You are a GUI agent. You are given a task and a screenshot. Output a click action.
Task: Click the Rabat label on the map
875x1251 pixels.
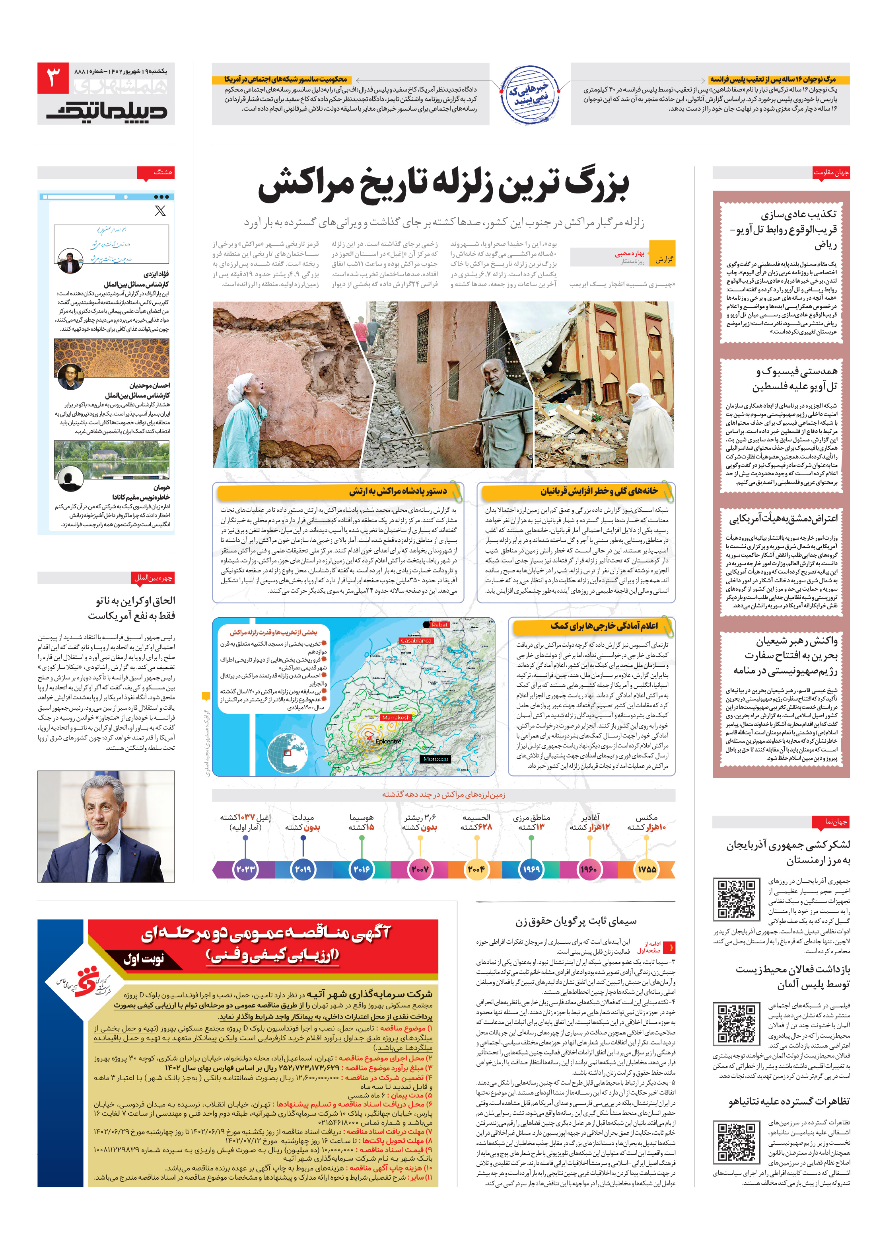(439, 625)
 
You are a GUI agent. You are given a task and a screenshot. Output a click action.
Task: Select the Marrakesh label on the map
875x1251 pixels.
(396, 717)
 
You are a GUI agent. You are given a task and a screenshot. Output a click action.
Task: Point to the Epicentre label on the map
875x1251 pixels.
(388, 742)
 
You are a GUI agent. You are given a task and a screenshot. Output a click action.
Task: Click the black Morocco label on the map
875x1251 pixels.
(435, 759)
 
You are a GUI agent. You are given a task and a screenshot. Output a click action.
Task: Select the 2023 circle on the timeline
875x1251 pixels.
(245, 869)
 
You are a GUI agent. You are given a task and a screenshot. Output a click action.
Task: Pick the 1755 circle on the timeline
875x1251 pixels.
(646, 869)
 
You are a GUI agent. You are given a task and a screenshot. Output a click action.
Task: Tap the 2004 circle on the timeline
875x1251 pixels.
(476, 869)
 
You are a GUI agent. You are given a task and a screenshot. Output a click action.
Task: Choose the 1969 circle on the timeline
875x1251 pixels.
(531, 869)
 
